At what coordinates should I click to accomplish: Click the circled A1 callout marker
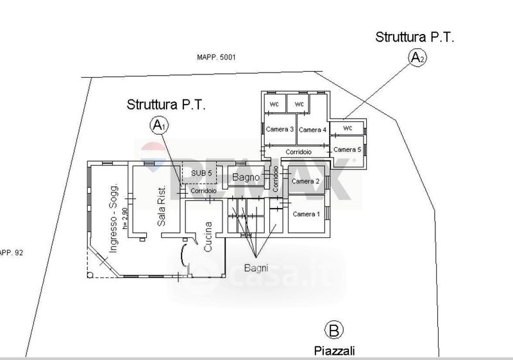[159, 125]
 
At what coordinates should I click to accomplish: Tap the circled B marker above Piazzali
[333, 330]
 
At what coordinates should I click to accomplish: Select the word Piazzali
[333, 350]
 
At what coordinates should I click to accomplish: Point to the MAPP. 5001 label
[217, 57]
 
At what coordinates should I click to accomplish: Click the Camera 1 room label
[306, 214]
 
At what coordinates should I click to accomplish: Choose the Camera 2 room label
[305, 181]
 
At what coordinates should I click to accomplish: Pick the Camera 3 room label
[280, 130]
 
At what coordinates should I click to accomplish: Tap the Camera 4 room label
[312, 130]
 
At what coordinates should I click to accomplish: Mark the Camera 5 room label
[348, 150]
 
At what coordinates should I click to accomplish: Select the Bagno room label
[246, 176]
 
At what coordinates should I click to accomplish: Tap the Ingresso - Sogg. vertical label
[114, 218]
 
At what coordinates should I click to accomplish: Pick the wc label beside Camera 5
[348, 128]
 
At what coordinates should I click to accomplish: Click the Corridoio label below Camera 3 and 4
[299, 152]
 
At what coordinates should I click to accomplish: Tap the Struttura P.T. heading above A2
[415, 37]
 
